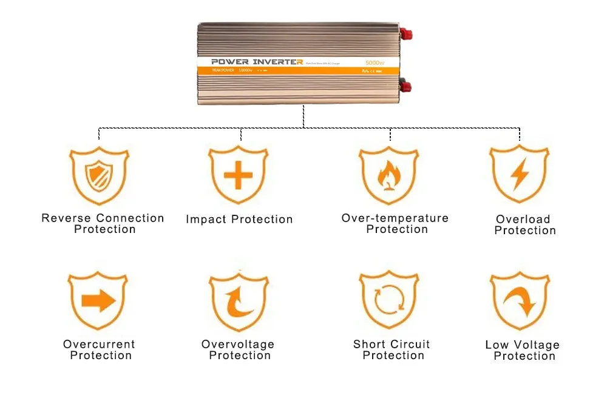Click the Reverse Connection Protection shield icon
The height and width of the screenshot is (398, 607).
pos(98,175)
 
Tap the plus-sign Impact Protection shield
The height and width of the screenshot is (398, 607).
pos(238,175)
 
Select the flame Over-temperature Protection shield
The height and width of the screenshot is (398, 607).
pos(388,175)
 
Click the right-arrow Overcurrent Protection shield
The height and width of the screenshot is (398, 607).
pos(98,301)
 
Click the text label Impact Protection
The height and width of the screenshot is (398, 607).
pos(239,220)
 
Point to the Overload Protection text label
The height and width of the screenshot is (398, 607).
pos(524,224)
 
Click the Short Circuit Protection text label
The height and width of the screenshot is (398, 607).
pos(392,349)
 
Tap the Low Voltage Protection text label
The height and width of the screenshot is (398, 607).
pos(523,351)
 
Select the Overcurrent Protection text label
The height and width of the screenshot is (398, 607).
pos(100,349)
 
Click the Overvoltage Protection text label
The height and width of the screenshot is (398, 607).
pos(238,349)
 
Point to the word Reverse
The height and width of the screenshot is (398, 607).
pos(67,218)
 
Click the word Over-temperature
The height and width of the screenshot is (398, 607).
pos(395,218)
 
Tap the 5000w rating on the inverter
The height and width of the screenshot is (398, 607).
pos(377,62)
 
